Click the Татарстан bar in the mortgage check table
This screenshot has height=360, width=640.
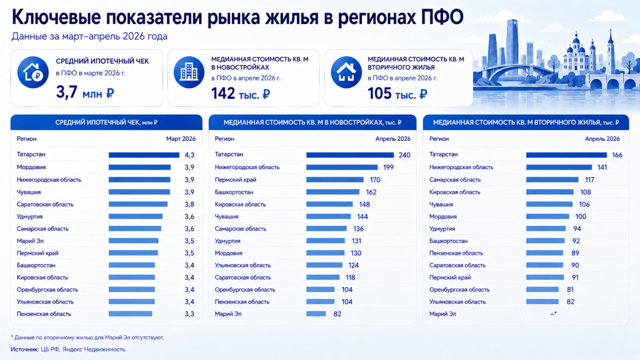[x=144, y=155]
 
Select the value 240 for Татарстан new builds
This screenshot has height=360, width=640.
[x=405, y=155]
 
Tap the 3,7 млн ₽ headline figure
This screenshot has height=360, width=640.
[x=85, y=92]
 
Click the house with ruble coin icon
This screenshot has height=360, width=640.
[x=33, y=72]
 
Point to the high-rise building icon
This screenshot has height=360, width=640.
[x=189, y=72]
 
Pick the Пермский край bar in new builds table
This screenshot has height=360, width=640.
[x=335, y=180]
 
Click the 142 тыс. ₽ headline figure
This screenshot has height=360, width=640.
[x=241, y=93]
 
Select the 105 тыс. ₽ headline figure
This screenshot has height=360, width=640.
[x=397, y=93]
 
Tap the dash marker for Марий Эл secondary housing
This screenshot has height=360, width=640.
[x=554, y=314]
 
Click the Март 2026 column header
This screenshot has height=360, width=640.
[x=181, y=139]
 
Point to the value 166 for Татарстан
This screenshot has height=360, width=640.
[x=617, y=155]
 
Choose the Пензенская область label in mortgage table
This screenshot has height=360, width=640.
[x=44, y=314]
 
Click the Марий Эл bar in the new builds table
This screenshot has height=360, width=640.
[x=316, y=314]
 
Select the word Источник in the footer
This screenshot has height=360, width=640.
[x=25, y=349]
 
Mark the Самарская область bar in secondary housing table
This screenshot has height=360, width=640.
[x=553, y=180]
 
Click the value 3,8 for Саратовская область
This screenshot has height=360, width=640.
[x=189, y=204]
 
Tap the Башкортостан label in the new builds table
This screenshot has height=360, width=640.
[x=234, y=192]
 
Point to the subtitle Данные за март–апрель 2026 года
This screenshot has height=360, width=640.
[x=90, y=37]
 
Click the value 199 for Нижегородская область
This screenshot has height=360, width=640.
[x=388, y=167]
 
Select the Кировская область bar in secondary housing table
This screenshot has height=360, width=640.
[x=550, y=192]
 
